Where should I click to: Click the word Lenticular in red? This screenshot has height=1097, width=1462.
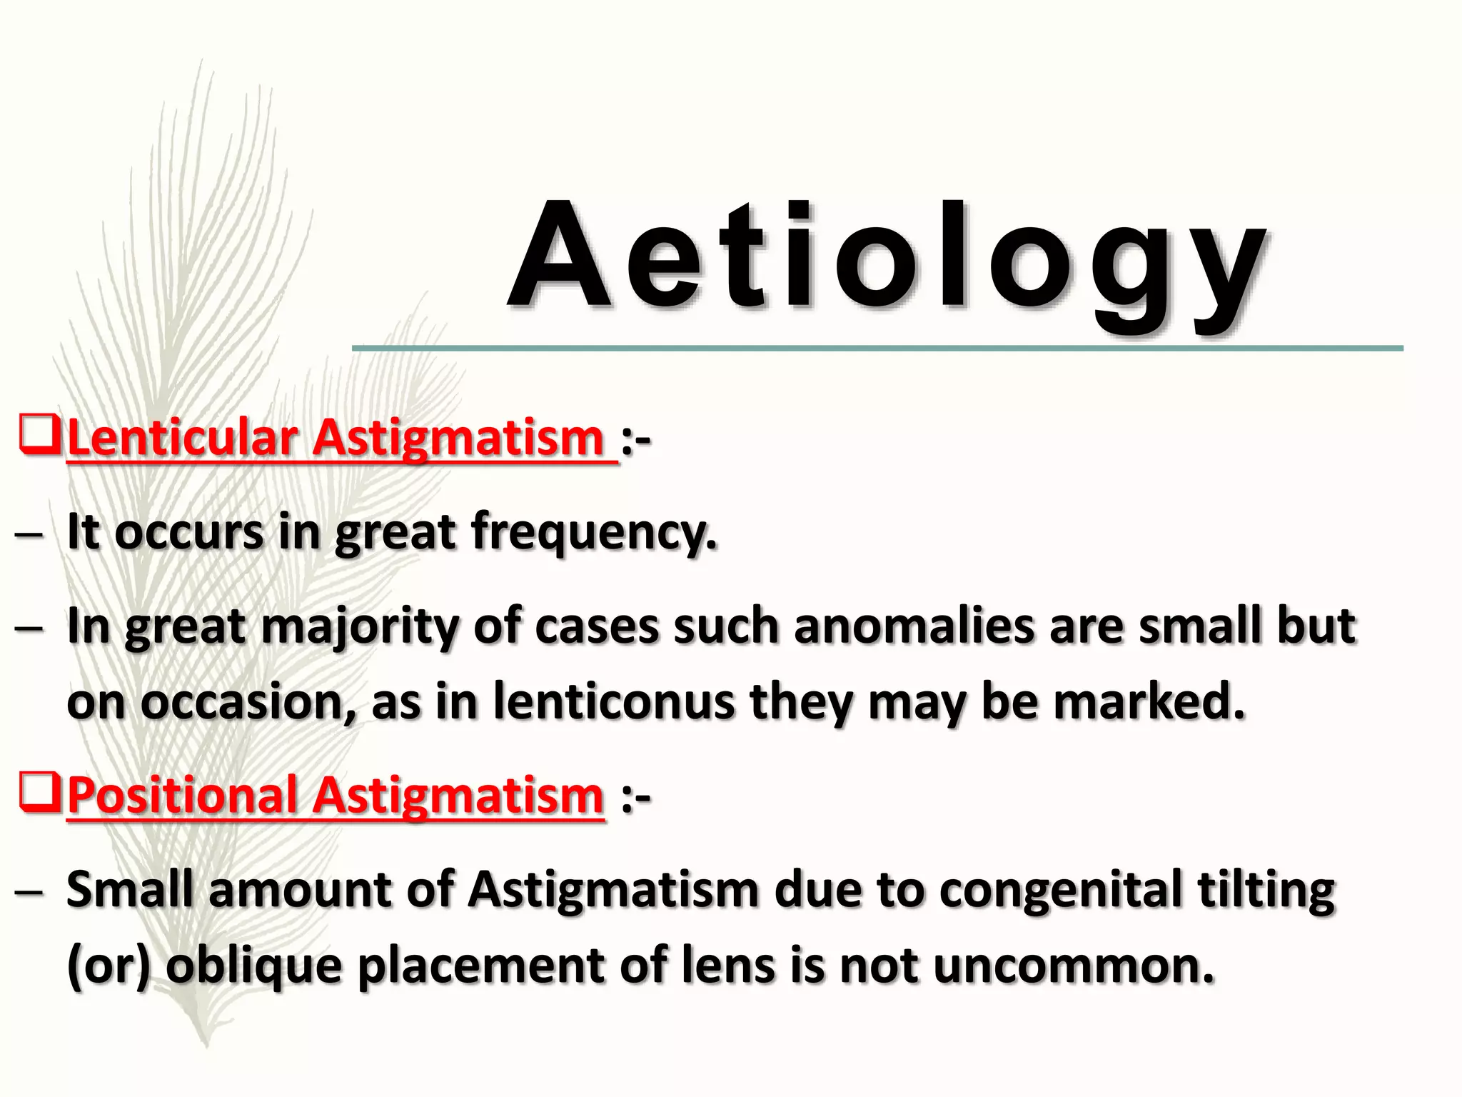point(183,438)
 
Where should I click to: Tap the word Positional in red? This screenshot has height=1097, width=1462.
point(183,796)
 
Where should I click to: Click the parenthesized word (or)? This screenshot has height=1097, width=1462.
point(108,966)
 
